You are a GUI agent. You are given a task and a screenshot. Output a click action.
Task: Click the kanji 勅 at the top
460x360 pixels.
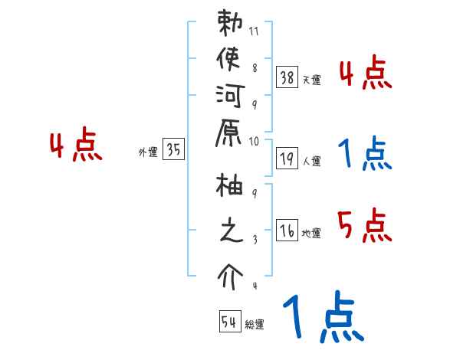click(230, 25)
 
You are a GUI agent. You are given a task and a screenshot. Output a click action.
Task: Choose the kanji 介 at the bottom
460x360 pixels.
click(230, 274)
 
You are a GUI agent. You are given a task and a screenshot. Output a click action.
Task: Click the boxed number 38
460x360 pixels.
click(287, 77)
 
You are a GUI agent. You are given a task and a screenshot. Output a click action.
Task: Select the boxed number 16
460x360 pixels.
click(287, 231)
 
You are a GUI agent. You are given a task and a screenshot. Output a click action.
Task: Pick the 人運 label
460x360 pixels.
click(312, 162)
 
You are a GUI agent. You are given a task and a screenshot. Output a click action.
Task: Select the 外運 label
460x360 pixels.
click(148, 152)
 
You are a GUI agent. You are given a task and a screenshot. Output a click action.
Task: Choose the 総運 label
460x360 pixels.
click(255, 325)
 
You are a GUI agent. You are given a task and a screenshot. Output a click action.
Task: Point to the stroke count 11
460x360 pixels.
click(254, 33)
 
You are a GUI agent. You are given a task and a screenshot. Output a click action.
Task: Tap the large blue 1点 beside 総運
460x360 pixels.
click(322, 318)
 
